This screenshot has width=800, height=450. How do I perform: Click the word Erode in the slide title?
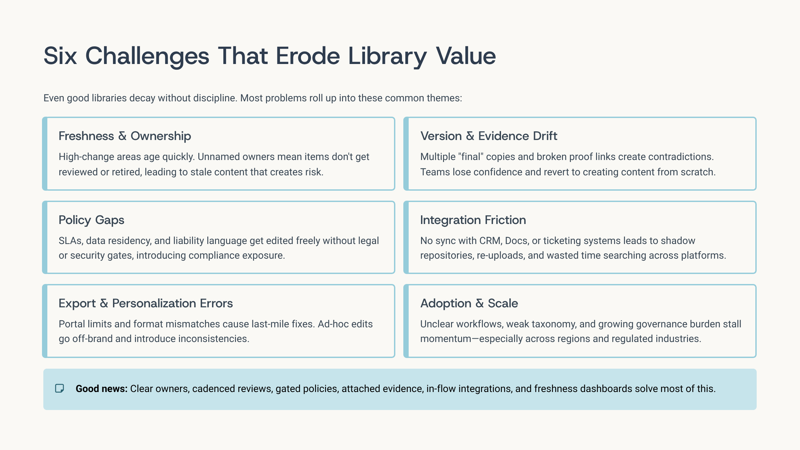tap(308, 56)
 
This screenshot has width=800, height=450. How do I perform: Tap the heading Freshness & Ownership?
tap(125, 136)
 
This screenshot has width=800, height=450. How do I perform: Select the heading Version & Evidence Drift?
tap(489, 136)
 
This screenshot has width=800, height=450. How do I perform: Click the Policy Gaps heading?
tap(91, 220)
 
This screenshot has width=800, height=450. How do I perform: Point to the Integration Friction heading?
tap(473, 220)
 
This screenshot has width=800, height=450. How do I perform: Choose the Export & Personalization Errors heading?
tap(146, 303)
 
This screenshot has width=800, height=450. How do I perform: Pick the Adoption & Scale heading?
tap(469, 303)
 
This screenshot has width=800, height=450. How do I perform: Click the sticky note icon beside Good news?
tap(60, 388)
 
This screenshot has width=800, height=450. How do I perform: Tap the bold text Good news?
tap(102, 389)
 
